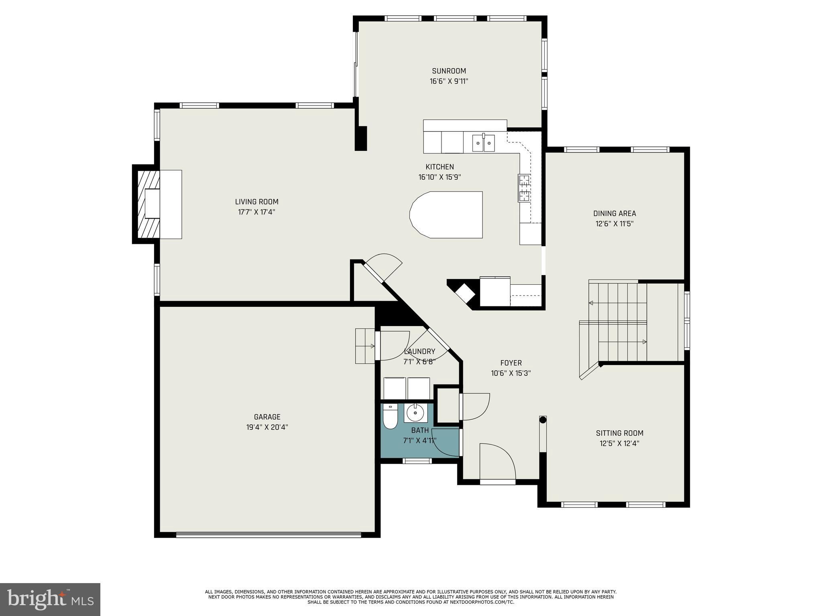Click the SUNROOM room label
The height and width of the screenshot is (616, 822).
[x=449, y=71]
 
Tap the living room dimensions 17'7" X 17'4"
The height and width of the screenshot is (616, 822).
[x=256, y=212]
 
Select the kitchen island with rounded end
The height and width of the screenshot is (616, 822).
[x=446, y=215]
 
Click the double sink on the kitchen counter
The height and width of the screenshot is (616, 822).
[x=483, y=143]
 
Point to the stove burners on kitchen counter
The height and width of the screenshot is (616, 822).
[x=524, y=188]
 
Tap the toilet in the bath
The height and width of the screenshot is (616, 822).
[x=390, y=417]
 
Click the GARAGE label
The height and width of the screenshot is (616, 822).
[x=267, y=417]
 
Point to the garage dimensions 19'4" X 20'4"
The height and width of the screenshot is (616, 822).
[x=267, y=428]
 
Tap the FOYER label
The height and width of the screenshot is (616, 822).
[x=511, y=363]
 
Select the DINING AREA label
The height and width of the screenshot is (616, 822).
[x=614, y=213]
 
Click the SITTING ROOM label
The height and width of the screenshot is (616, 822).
[x=619, y=433]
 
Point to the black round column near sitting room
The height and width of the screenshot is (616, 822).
[x=543, y=420]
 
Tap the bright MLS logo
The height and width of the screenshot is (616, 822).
[x=50, y=599]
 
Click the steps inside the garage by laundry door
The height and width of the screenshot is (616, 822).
[x=365, y=346]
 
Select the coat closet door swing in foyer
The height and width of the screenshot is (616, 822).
[x=476, y=407]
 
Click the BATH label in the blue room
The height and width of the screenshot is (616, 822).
[x=420, y=430]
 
